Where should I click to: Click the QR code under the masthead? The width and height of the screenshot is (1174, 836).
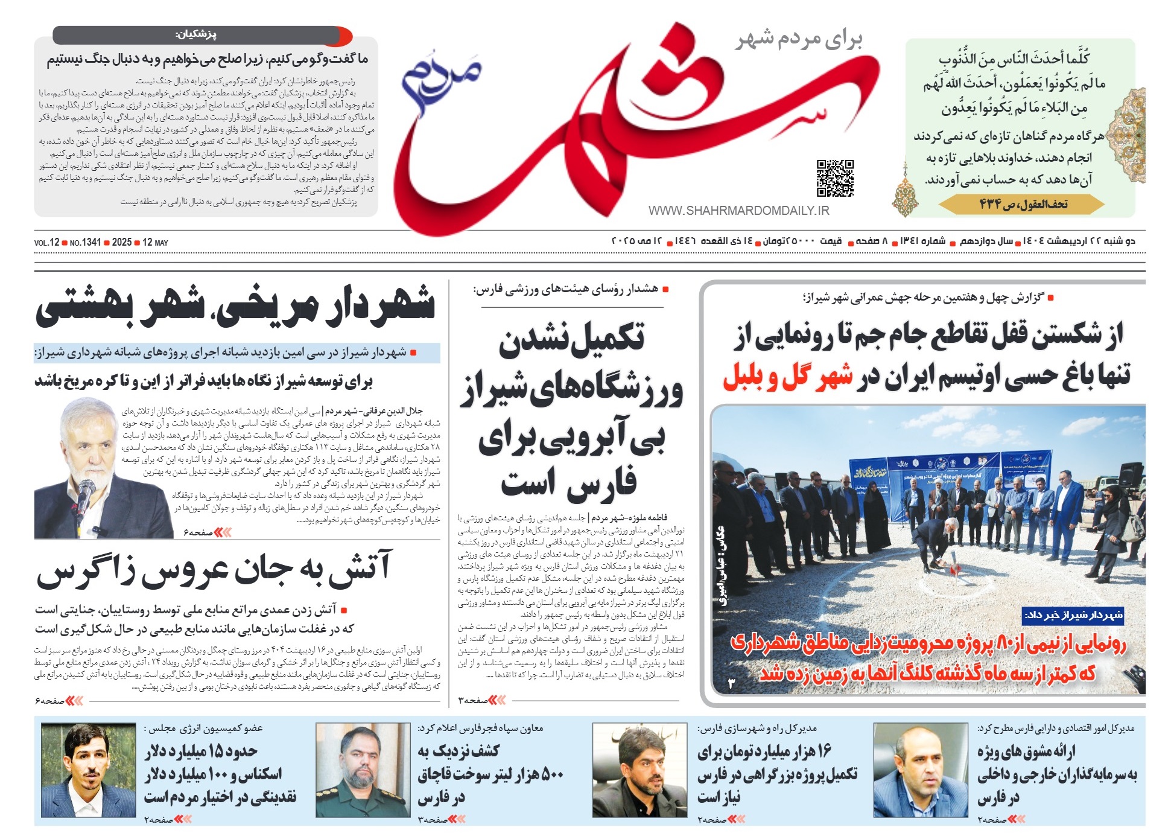(835, 178)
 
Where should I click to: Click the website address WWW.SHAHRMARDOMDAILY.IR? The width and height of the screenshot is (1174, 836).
(738, 211)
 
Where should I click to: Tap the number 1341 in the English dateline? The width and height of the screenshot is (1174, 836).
(91, 242)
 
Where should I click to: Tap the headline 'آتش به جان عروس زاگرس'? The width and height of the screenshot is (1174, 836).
(214, 570)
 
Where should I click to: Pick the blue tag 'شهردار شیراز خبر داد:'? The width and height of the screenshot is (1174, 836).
(1073, 615)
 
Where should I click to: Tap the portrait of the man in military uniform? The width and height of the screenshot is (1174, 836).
(363, 771)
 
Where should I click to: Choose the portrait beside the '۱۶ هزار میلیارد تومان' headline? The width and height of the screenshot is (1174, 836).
(639, 771)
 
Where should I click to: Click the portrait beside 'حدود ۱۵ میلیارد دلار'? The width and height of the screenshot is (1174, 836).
(88, 771)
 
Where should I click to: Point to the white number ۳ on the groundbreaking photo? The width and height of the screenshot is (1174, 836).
(732, 683)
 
